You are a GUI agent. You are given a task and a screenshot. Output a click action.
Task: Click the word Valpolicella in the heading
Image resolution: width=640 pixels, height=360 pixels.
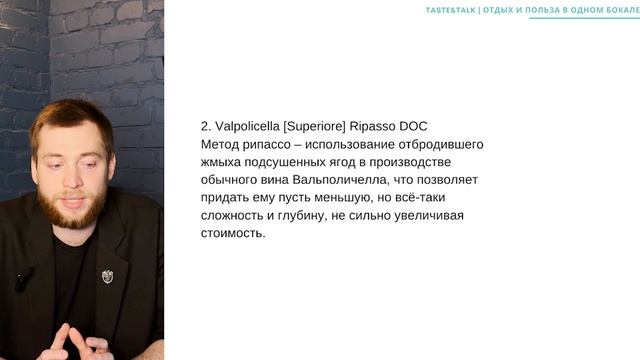point(245,127)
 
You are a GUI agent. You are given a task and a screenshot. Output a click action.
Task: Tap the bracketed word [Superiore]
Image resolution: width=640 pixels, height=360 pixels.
point(319,127)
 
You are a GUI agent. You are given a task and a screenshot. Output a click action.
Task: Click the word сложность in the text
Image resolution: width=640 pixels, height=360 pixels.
point(233,216)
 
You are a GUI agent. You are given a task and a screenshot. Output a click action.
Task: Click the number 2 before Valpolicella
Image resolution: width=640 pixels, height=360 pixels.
point(204,127)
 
